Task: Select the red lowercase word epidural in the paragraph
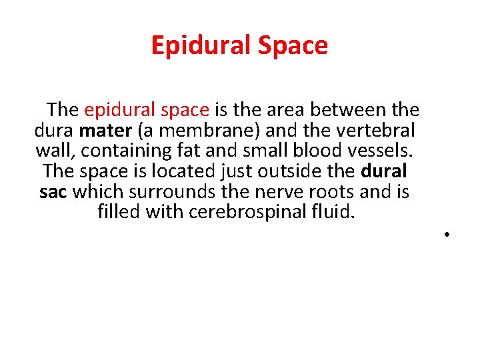tap(115, 109)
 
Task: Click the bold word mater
tap(106, 129)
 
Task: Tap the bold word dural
tap(384, 171)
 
